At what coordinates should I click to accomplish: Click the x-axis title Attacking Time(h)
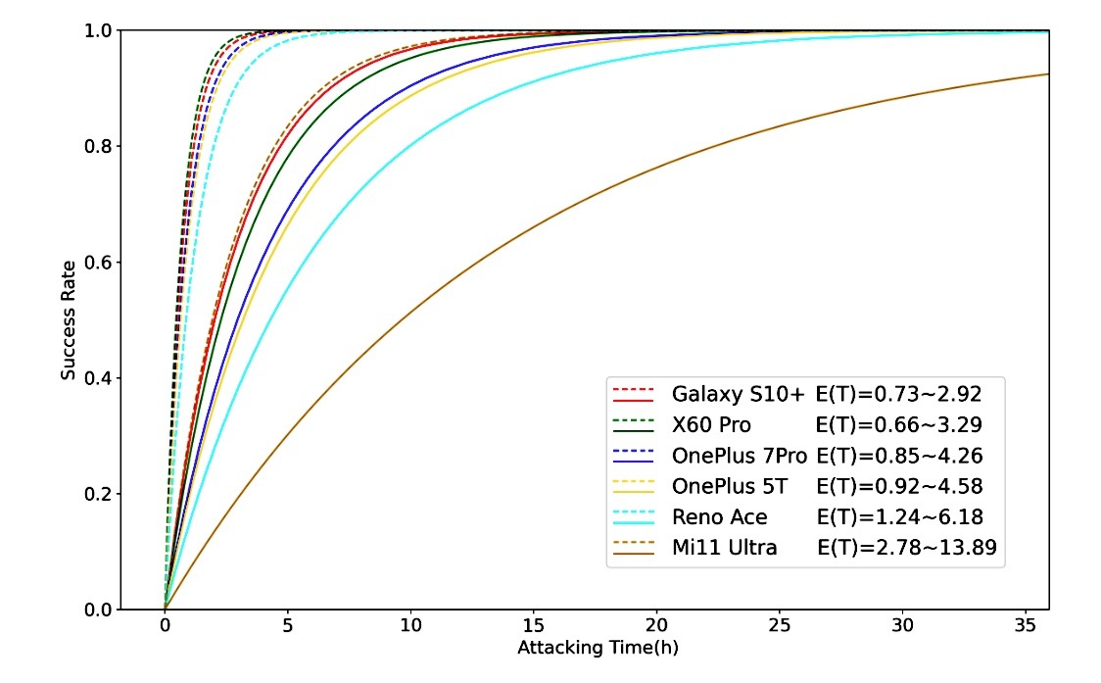[x=598, y=649]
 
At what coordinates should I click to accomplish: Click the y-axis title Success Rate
[x=69, y=319]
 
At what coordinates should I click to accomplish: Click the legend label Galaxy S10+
[x=738, y=394]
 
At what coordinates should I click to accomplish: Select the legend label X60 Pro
[x=711, y=424]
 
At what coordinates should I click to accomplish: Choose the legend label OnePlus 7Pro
[x=740, y=456]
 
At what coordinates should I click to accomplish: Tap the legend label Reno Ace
[x=719, y=516]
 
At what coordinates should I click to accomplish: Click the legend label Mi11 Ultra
[x=724, y=548]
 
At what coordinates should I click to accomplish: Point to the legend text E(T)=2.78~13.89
[x=906, y=548]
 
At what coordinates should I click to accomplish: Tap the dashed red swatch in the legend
[x=632, y=388]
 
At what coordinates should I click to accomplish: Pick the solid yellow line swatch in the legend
[x=632, y=493]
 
